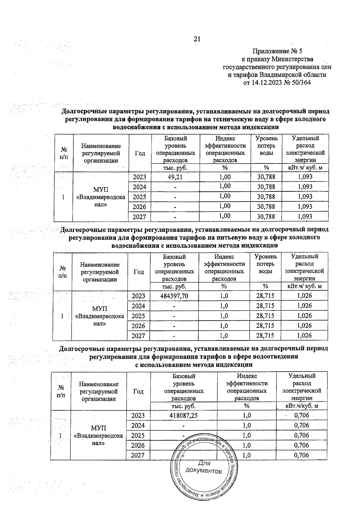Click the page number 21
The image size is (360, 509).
pyautogui.click(x=197, y=39)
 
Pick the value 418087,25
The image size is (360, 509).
pyautogui.click(x=184, y=415)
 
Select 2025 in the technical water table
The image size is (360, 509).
pyautogui.click(x=139, y=197)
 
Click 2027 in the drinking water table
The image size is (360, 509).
pyautogui.click(x=139, y=336)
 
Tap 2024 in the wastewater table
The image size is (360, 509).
pyautogui.click(x=138, y=425)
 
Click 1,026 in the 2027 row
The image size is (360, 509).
pyautogui.click(x=304, y=335)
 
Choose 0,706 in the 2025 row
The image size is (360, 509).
pyautogui.click(x=301, y=435)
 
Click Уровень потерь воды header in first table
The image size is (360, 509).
pyautogui.click(x=266, y=145)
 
